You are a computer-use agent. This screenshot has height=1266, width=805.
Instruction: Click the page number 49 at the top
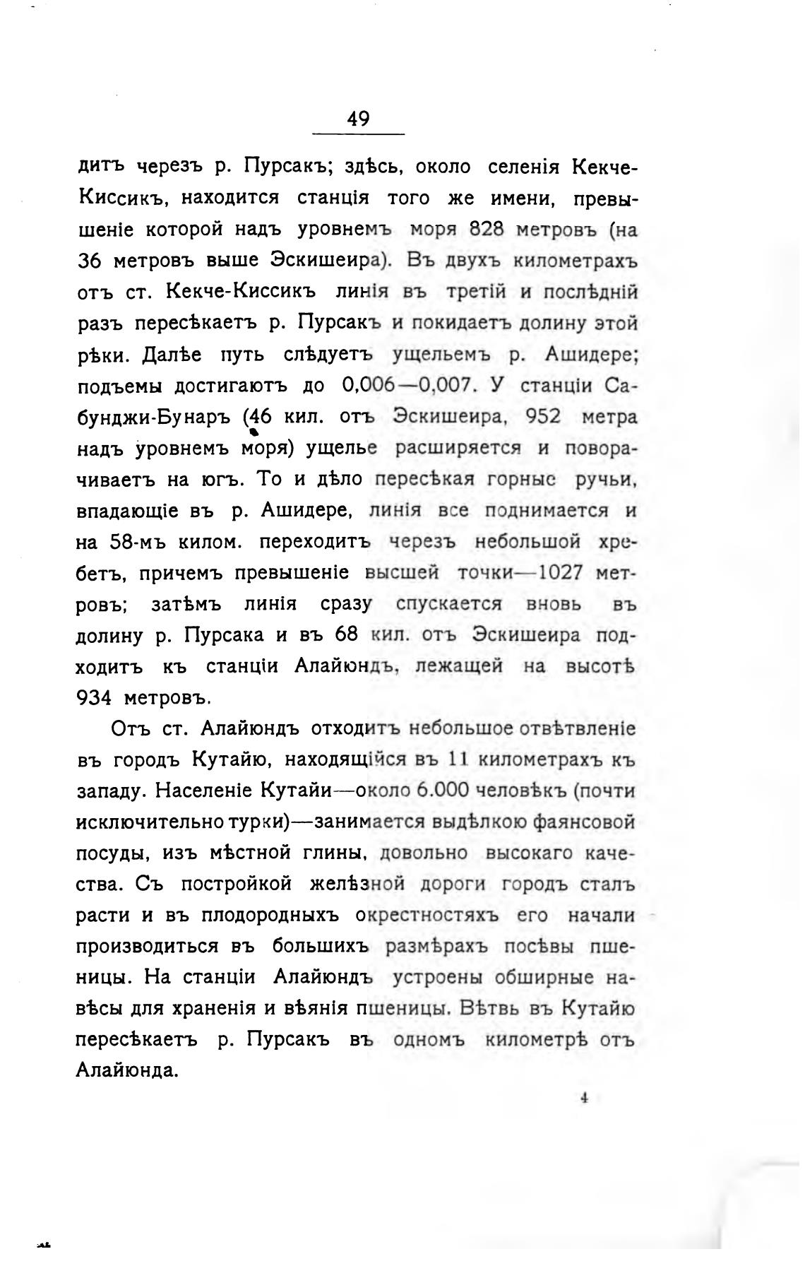tap(358, 119)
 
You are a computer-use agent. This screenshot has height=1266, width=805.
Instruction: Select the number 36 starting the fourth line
tap(90, 261)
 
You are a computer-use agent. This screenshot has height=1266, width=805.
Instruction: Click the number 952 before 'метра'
tap(544, 417)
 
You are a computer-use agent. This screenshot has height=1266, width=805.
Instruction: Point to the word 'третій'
tap(477, 292)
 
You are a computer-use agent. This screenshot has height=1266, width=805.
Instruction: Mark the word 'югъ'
tap(219, 480)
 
